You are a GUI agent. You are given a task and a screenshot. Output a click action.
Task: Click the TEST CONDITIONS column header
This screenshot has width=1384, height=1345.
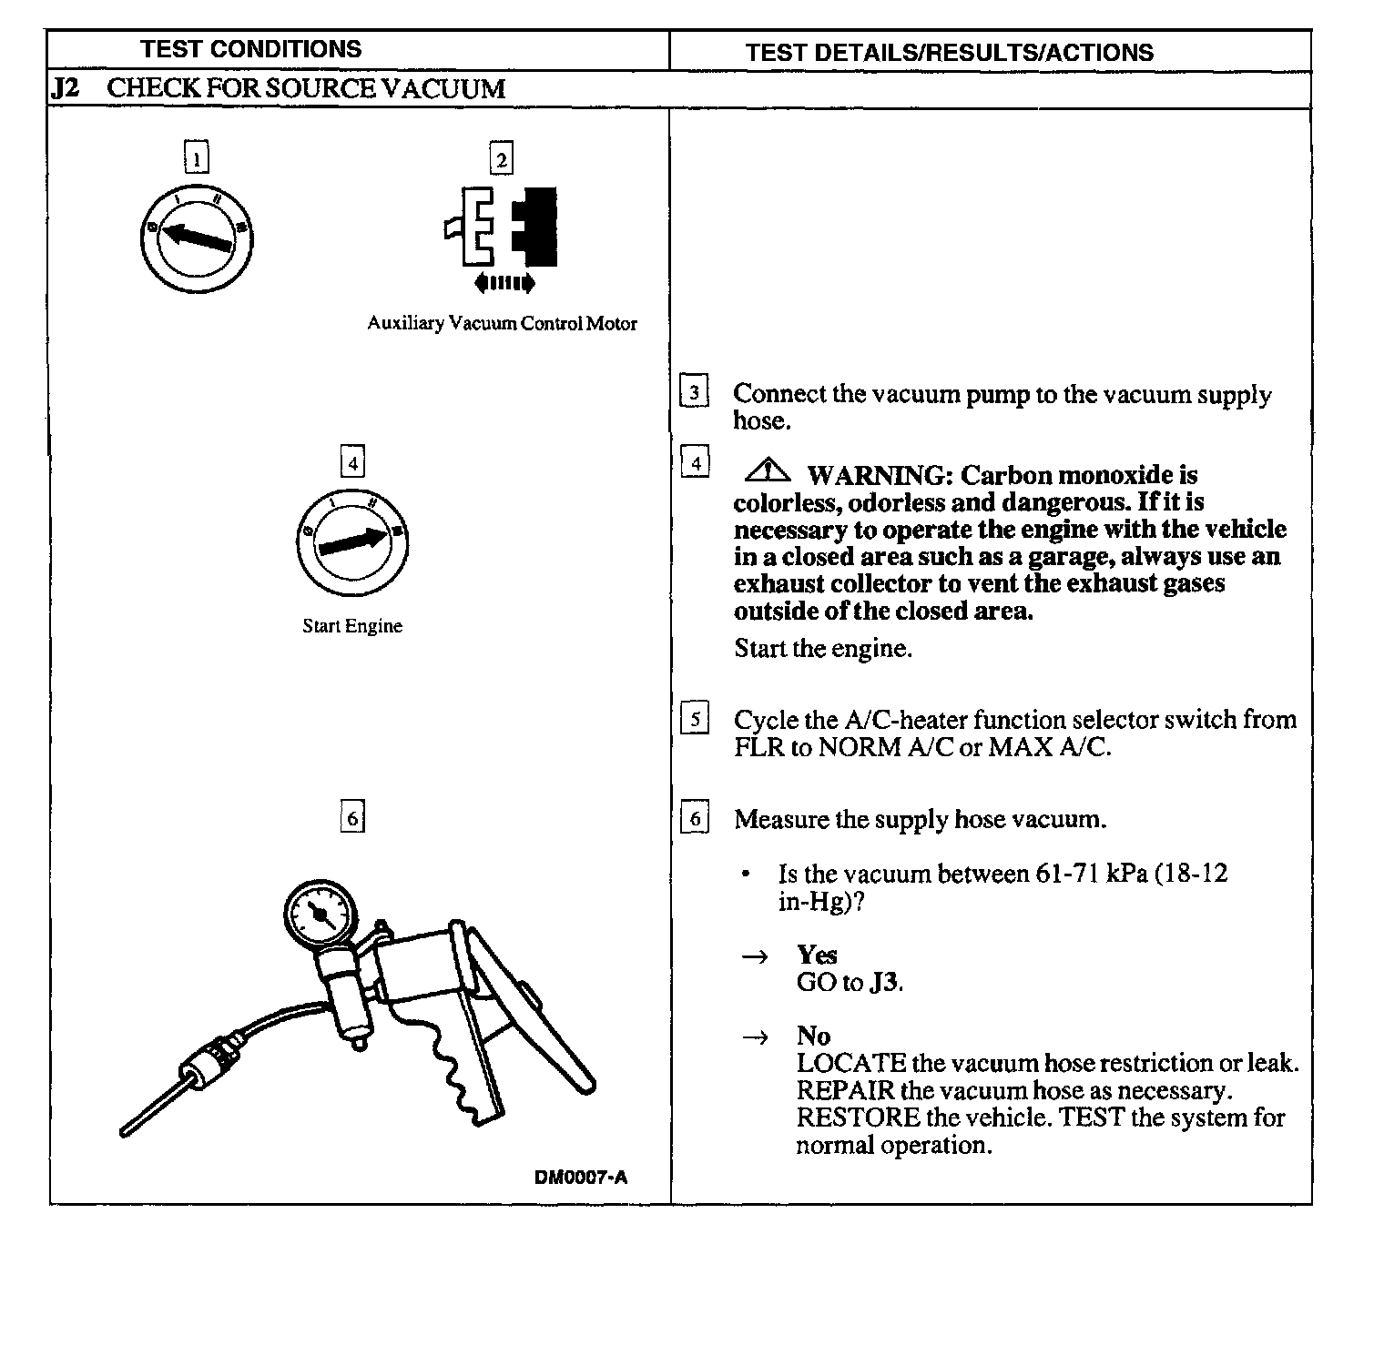pyautogui.click(x=250, y=49)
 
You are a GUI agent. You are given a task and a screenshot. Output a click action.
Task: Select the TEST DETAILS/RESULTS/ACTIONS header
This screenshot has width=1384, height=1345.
pyautogui.click(x=949, y=53)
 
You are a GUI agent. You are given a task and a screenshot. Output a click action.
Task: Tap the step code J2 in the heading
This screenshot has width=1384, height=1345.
pyautogui.click(x=66, y=89)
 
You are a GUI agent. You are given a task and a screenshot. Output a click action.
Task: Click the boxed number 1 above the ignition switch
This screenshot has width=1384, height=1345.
pyautogui.click(x=197, y=158)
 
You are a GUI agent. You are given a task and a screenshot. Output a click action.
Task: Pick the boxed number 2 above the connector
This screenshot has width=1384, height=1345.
pyautogui.click(x=501, y=159)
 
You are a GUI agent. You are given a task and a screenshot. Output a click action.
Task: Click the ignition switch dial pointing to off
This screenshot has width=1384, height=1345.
pyautogui.click(x=197, y=238)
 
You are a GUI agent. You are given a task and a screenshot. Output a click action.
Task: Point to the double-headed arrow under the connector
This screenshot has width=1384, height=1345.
pyautogui.click(x=504, y=283)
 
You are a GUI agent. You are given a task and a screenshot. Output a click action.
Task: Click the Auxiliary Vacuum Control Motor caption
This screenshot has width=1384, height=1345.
pyautogui.click(x=502, y=323)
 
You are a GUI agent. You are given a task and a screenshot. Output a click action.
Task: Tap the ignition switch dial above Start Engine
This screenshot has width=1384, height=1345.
pyautogui.click(x=352, y=542)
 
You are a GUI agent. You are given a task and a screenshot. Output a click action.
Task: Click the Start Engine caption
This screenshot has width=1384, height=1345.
pyautogui.click(x=352, y=626)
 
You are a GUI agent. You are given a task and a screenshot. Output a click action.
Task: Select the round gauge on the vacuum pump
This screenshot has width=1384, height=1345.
pyautogui.click(x=321, y=914)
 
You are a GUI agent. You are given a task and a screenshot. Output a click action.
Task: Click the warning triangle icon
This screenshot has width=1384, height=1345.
pyautogui.click(x=768, y=471)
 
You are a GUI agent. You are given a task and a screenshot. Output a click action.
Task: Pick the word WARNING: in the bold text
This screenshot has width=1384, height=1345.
pyautogui.click(x=879, y=475)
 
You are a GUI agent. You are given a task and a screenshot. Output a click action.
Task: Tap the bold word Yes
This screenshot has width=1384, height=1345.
pyautogui.click(x=816, y=955)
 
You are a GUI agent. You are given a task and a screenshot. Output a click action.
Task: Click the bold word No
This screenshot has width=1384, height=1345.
pyautogui.click(x=813, y=1036)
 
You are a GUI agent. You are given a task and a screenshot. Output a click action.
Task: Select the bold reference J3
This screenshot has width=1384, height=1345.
pyautogui.click(x=884, y=983)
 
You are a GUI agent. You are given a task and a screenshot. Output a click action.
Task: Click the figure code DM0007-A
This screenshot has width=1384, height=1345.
pyautogui.click(x=581, y=1177)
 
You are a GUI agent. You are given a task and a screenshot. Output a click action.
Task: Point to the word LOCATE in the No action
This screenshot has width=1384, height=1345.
pyautogui.click(x=850, y=1063)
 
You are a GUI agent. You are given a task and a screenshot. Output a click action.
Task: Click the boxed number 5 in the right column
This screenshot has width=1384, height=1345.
pyautogui.click(x=695, y=720)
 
